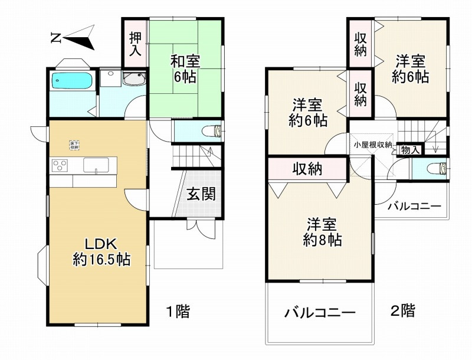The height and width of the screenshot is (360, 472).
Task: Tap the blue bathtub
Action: (72, 81)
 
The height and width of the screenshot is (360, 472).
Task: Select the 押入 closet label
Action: (135, 42)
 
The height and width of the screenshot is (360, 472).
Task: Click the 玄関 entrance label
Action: (202, 194)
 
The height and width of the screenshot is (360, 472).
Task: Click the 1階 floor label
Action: (177, 311)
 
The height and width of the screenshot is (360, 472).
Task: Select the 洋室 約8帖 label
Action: (322, 232)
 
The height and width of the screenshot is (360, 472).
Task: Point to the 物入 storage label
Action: (409, 150)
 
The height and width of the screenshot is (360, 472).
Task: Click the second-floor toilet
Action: (439, 168)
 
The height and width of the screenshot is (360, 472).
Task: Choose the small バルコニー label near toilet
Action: (414, 207)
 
